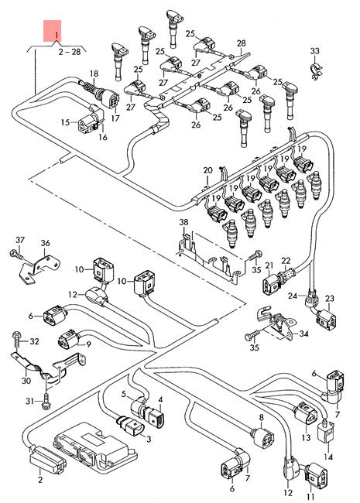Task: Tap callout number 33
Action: (x=314, y=51)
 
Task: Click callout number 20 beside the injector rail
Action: (x=207, y=170)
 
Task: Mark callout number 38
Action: (x=184, y=224)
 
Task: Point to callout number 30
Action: (x=25, y=380)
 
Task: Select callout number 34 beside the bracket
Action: (x=303, y=334)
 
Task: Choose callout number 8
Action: (x=261, y=417)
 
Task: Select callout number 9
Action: (x=89, y=344)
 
